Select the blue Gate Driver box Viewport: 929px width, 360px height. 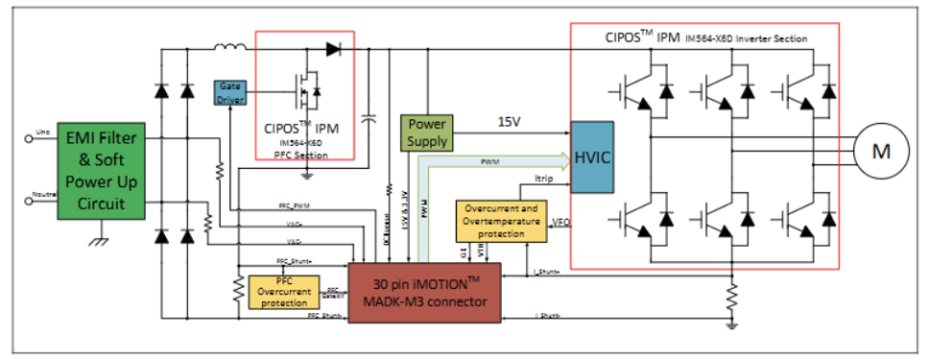coord(230,93)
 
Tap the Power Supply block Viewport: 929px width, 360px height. coord(427,132)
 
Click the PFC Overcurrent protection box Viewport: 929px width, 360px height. coord(278,292)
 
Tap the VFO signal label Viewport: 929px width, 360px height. coord(560,223)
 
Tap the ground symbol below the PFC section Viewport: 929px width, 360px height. coord(305,174)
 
